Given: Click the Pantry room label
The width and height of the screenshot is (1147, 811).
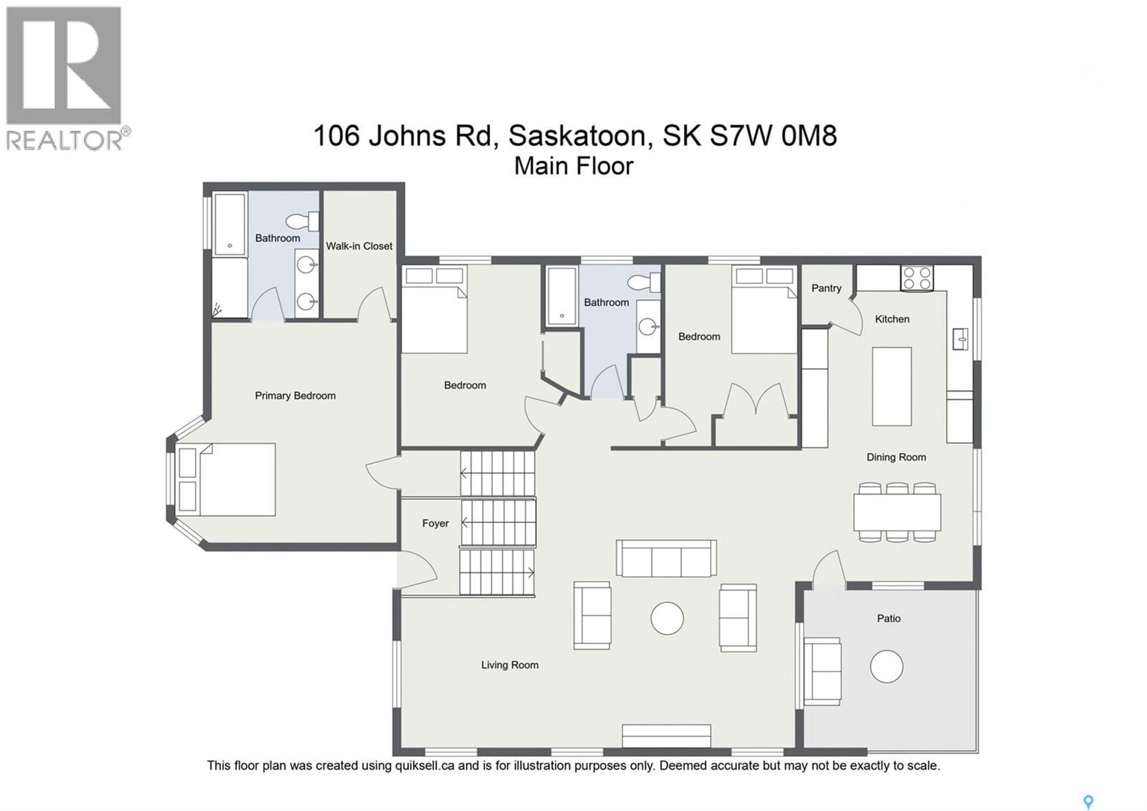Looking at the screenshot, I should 826,289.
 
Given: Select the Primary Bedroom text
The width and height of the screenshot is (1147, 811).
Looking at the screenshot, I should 295,396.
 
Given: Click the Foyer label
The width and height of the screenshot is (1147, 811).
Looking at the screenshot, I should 435,524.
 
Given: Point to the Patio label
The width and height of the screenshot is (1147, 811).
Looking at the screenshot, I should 889,618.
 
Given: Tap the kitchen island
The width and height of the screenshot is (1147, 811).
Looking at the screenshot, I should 892,386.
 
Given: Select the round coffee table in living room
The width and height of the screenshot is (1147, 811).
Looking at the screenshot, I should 667,618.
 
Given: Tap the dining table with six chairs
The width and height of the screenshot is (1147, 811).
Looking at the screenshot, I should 897,512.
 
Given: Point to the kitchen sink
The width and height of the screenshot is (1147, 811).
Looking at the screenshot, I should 960,339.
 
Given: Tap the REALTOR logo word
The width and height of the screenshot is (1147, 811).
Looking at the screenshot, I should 64,140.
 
